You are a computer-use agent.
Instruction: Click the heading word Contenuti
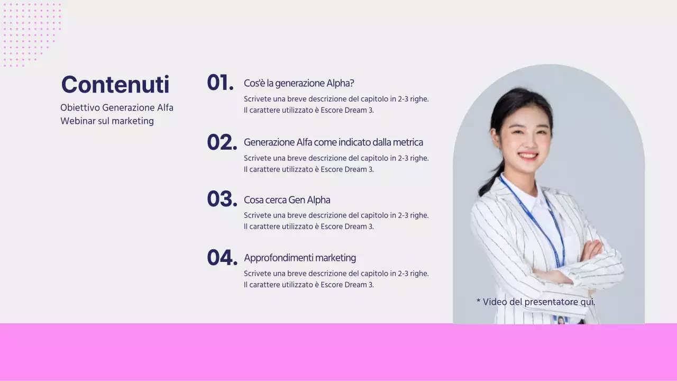tap(115, 85)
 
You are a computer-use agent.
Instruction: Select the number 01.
tap(219, 83)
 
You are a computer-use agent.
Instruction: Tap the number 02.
tap(222, 142)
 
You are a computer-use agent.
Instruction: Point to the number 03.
tap(222, 199)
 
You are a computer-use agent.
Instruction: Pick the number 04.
tap(222, 258)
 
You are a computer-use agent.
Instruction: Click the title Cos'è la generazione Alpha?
tap(299, 84)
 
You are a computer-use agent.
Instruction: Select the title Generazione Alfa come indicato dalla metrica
tap(333, 142)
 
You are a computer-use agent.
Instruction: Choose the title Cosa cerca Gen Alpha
tap(287, 200)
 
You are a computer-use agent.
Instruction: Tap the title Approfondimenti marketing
tap(299, 258)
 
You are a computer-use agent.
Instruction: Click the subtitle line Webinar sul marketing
tap(107, 121)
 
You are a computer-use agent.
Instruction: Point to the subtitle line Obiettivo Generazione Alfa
tap(117, 108)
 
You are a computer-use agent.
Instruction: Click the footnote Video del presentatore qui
tap(538, 302)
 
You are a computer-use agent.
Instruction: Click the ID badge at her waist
tap(561, 320)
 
